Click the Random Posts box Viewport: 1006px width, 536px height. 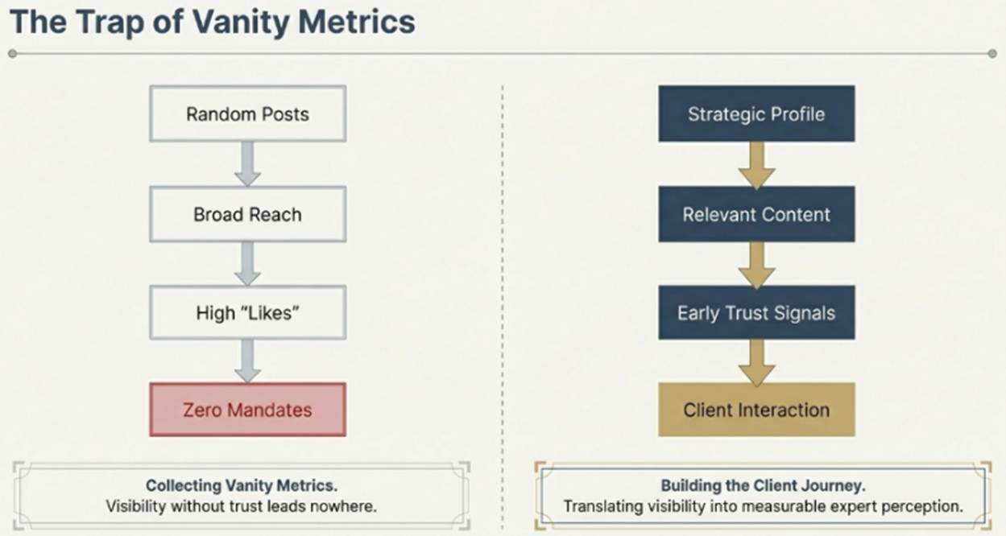pyautogui.click(x=247, y=113)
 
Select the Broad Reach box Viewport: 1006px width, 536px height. pyautogui.click(x=247, y=215)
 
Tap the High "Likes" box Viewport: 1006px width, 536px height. pyautogui.click(x=247, y=312)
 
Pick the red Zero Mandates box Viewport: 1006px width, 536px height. pyautogui.click(x=247, y=410)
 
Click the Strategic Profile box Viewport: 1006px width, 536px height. pyautogui.click(x=756, y=113)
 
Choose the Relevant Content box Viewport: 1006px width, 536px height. pyautogui.click(x=756, y=215)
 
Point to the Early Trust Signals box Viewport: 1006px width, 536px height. pyautogui.click(x=756, y=312)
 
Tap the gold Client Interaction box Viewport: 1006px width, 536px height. pyautogui.click(x=756, y=410)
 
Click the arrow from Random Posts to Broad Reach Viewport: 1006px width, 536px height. pyautogui.click(x=248, y=163)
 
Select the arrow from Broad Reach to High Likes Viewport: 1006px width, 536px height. pyautogui.click(x=248, y=263)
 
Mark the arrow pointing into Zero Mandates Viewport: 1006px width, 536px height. pyautogui.click(x=248, y=361)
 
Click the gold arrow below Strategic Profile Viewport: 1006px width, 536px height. pyautogui.click(x=756, y=164)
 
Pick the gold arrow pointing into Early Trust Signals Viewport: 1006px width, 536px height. pyautogui.click(x=756, y=264)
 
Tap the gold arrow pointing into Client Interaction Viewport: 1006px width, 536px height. pyautogui.click(x=756, y=361)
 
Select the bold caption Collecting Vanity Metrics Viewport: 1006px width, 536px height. pyautogui.click(x=241, y=486)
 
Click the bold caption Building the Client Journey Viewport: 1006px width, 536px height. pyautogui.click(x=763, y=486)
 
